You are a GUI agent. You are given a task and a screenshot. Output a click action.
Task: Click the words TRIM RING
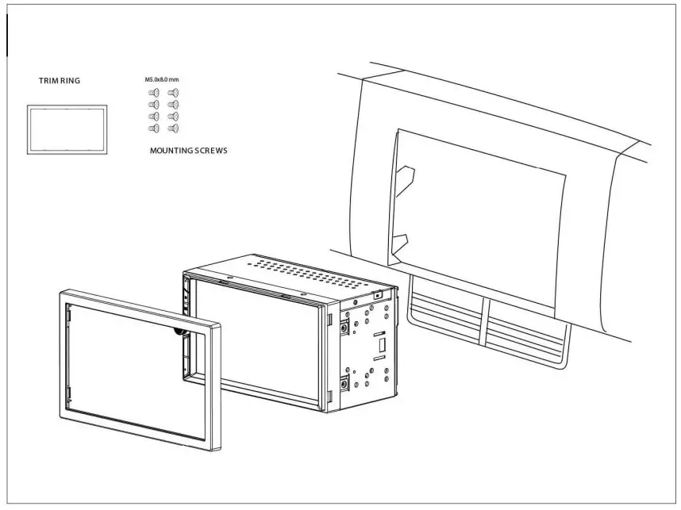point(60,80)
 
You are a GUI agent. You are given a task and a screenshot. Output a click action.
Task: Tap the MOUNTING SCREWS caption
point(188,150)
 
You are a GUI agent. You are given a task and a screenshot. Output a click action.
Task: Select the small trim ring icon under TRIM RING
point(67,128)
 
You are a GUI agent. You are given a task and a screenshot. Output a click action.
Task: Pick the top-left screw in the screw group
point(154,93)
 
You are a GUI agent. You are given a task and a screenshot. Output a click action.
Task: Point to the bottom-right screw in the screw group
point(172,128)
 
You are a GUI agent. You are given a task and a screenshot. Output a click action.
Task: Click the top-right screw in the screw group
point(172,93)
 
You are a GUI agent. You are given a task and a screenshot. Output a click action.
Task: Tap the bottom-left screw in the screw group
point(154,128)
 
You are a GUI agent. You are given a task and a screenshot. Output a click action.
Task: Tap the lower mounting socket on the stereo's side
point(344,384)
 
